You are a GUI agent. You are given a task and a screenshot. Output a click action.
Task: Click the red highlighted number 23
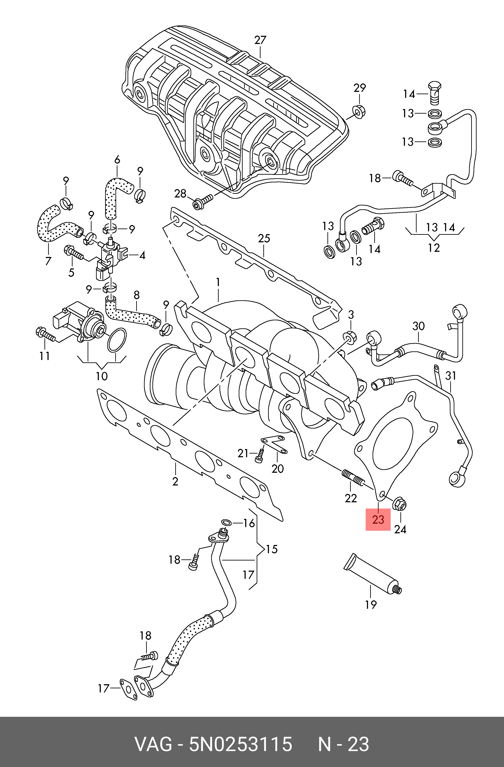[x=378, y=519]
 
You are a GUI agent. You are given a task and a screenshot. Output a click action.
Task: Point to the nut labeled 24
[x=400, y=504]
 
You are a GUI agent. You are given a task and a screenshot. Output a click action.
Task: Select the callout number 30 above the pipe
[x=419, y=326]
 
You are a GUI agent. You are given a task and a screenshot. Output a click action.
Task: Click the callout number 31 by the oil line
[x=451, y=376]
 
